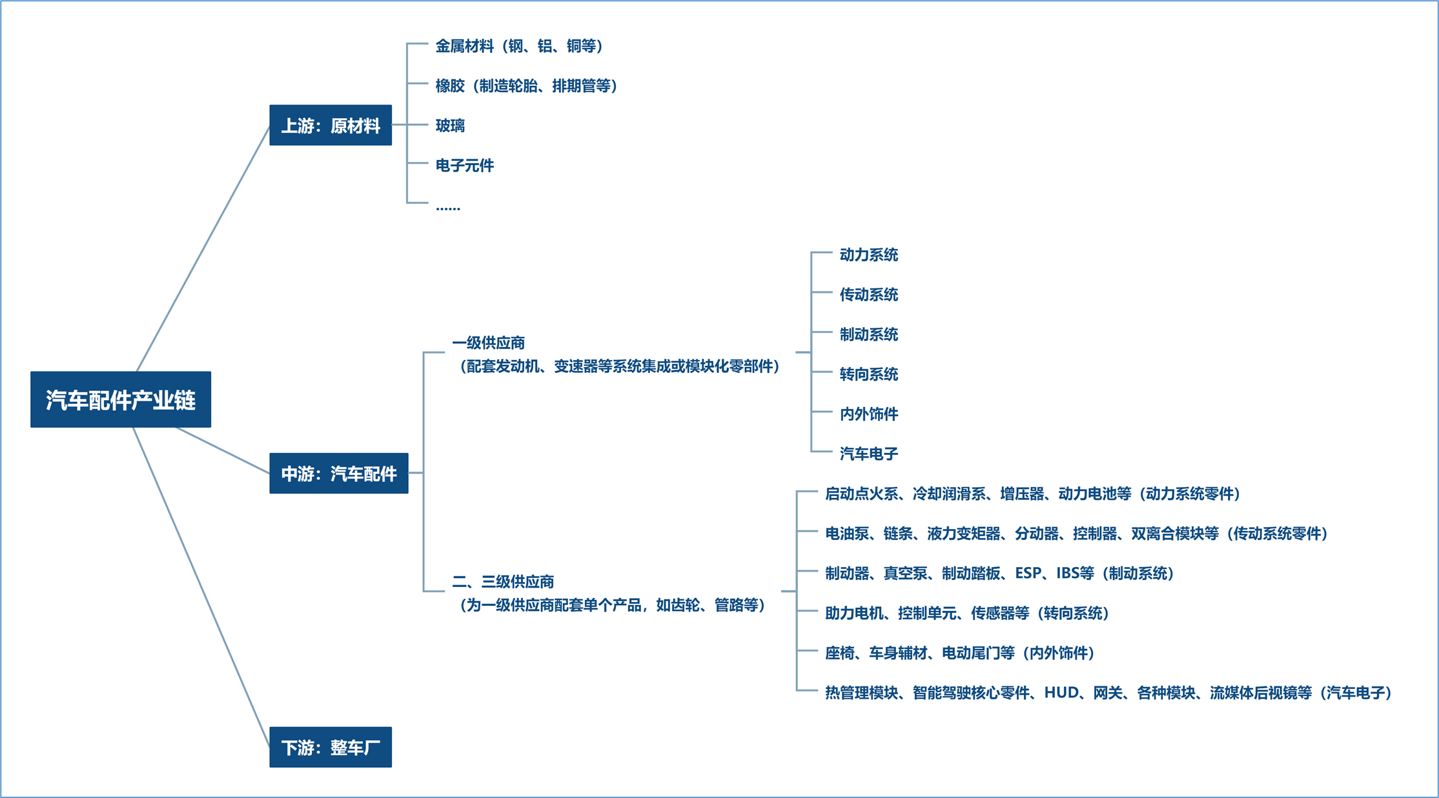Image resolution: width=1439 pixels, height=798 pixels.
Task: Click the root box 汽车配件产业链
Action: click(x=121, y=399)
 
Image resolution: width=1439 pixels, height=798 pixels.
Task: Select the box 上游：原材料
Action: click(x=331, y=125)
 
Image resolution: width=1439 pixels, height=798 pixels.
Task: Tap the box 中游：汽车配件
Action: click(x=339, y=474)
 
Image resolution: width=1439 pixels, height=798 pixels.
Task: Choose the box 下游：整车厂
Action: click(x=331, y=747)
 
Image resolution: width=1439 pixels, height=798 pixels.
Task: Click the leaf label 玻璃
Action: click(x=450, y=125)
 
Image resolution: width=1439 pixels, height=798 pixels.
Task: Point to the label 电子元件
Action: click(x=465, y=165)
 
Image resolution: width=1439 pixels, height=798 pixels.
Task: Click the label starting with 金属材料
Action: click(x=520, y=46)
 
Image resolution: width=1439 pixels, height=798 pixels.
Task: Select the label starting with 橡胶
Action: click(x=527, y=86)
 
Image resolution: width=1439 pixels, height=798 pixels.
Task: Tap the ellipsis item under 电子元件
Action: click(x=448, y=208)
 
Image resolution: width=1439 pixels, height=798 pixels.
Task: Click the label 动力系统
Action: click(x=868, y=255)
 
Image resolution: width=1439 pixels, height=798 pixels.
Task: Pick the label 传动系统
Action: click(x=868, y=295)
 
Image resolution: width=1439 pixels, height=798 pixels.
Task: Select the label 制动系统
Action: click(x=868, y=334)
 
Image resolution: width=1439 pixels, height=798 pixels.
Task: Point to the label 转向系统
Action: click(x=868, y=374)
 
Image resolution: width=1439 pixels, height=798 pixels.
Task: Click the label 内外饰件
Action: click(x=868, y=414)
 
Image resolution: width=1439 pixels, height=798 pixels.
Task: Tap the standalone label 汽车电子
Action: click(x=868, y=454)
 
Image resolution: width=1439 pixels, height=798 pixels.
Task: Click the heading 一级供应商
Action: click(x=489, y=343)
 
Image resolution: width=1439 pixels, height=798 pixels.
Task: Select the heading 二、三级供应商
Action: click(x=503, y=582)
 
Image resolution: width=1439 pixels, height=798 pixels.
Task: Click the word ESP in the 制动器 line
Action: click(x=1028, y=573)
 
